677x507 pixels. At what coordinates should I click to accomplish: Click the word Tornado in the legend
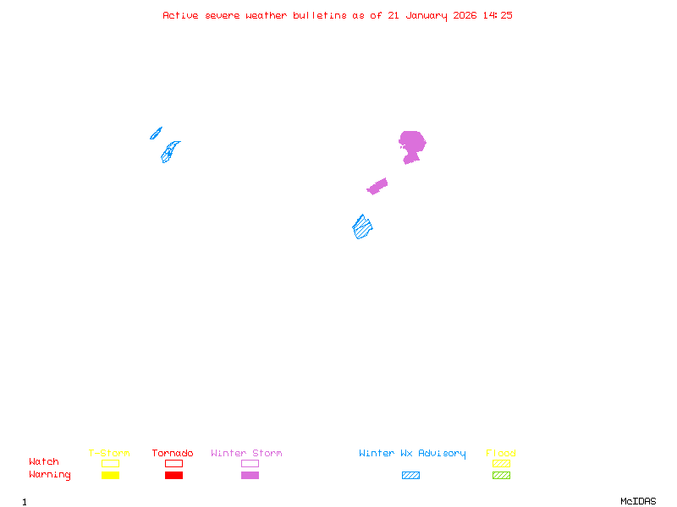pos(173,454)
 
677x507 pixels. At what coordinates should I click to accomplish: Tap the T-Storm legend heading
pos(109,454)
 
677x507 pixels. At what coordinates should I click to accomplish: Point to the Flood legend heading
pos(501,454)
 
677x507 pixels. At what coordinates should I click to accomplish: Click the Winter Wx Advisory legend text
pos(412,454)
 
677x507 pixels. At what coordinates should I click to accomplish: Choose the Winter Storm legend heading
pos(246,454)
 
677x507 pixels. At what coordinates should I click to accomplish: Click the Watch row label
pos(44,462)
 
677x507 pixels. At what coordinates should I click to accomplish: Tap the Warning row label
pos(50,475)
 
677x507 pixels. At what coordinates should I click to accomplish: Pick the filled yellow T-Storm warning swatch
pos(110,476)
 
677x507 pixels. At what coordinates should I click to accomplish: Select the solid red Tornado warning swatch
pos(173,476)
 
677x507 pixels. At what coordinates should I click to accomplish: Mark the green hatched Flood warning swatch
pos(501,476)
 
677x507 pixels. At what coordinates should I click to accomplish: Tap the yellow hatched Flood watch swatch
pos(501,463)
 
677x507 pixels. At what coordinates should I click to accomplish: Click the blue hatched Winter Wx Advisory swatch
pos(410,476)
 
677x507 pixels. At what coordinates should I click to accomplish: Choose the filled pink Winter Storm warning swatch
pos(250,476)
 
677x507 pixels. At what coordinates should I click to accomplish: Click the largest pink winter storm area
pos(411,144)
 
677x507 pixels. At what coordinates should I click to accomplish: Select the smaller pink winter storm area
pos(377,186)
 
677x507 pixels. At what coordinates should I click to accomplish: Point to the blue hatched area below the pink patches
pos(363,226)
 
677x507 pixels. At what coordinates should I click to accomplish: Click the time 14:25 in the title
pos(499,15)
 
